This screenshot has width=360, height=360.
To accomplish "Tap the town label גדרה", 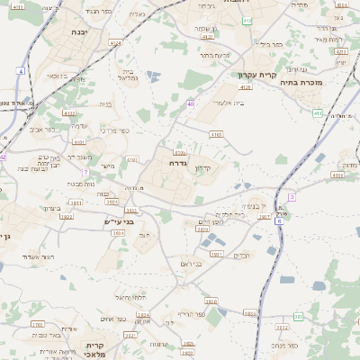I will (177, 164).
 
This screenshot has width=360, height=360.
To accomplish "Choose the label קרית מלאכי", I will (96, 349).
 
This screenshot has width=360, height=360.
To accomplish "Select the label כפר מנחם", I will (283, 344).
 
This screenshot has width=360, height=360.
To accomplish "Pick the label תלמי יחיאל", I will (130, 297).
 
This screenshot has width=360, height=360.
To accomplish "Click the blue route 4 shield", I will (21, 69).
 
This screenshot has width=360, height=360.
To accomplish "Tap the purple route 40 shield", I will (191, 104).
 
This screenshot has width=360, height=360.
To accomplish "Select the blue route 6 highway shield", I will (280, 220).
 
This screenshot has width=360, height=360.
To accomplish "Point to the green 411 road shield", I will (318, 112).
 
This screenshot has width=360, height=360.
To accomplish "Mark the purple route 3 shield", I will (292, 196).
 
